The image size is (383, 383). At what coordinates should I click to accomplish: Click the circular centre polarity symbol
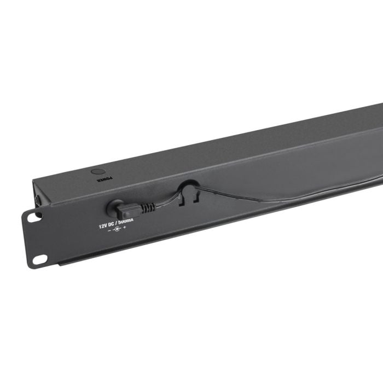(x=117, y=229)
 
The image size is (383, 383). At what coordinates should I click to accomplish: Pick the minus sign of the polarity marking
(x=109, y=230)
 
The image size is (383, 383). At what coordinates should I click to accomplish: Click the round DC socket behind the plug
(x=113, y=207)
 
